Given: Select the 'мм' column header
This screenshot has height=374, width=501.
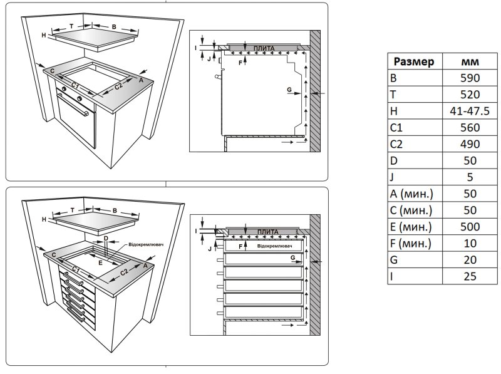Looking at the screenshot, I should tap(470, 62).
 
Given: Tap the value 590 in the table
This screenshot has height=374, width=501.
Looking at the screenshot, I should tap(470, 78).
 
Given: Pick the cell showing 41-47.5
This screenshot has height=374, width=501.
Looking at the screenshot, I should tap(470, 111).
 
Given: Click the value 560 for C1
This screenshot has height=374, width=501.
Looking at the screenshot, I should tap(470, 127).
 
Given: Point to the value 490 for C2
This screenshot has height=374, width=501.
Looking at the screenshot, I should tap(470, 143).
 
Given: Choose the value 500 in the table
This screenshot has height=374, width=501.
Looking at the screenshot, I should tap(470, 226).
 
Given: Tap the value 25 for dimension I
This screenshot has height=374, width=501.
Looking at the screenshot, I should tap(470, 275).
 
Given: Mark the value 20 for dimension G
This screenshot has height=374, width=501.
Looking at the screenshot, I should tap(470, 259).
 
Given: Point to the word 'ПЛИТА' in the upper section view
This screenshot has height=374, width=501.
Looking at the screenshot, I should tap(264, 48).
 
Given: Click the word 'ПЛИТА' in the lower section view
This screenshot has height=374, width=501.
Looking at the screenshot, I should tap(264, 232).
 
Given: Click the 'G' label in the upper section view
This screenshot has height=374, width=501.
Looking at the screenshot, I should tap(289, 90).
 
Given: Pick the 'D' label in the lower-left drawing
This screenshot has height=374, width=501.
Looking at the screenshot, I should tap(106, 239).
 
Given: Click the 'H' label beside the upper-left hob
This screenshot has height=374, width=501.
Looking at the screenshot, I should tap(44, 35).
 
